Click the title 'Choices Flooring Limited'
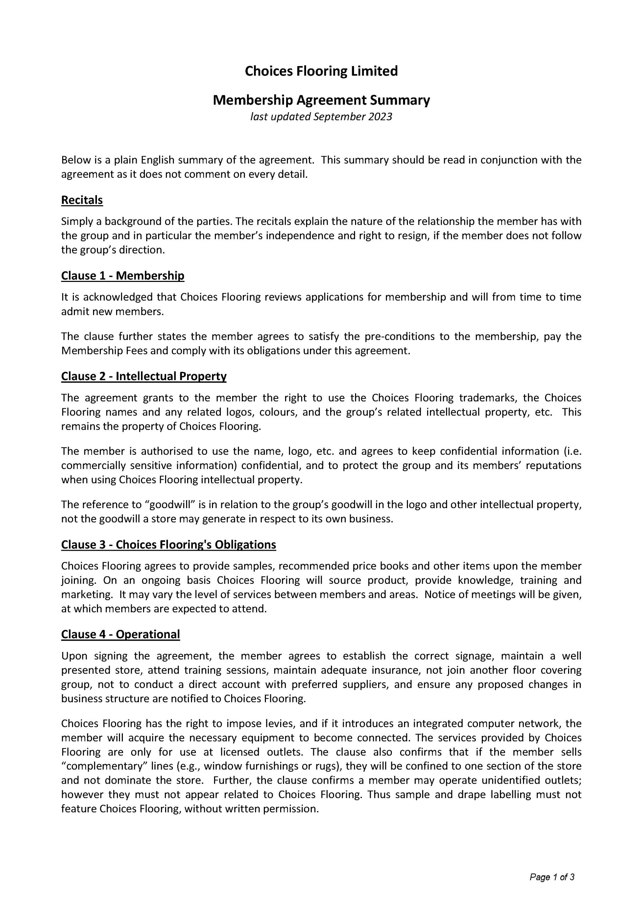321,71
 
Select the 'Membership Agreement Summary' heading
321,100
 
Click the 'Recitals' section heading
82,200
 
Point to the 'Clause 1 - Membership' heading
123,276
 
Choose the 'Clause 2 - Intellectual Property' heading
144,376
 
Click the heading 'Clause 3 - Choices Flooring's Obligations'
169,545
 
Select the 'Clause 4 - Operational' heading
120,634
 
